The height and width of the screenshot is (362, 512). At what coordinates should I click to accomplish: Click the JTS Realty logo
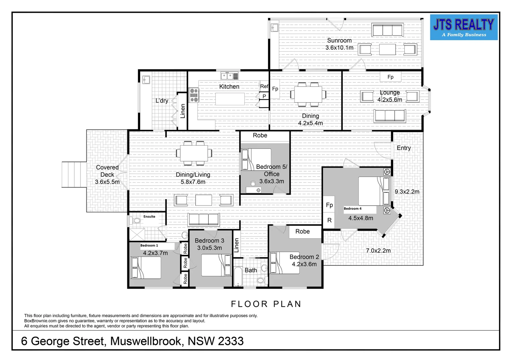[x=463, y=27]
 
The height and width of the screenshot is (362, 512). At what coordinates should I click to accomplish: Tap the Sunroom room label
[x=339, y=41]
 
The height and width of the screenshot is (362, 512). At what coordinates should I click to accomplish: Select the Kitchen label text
[x=229, y=86]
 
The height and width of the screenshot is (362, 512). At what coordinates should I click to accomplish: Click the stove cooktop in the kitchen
[x=194, y=95]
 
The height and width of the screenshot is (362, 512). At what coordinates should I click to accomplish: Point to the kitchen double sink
[x=227, y=76]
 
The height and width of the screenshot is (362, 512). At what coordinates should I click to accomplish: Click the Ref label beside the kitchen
[x=264, y=86]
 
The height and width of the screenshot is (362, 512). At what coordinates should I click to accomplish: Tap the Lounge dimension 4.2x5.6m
[x=389, y=100]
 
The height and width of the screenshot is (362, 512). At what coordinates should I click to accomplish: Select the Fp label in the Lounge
[x=390, y=77]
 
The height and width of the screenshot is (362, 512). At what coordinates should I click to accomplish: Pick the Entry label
[x=403, y=148]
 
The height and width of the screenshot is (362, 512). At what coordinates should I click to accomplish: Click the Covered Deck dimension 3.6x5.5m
[x=107, y=182]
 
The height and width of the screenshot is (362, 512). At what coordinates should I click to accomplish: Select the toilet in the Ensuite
[x=135, y=221]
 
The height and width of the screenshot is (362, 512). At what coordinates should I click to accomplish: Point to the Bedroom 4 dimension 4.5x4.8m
[x=361, y=218]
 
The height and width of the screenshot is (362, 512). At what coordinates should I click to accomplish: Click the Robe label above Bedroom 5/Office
[x=260, y=135]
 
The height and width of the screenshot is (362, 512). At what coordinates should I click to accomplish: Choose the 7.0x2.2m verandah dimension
[x=378, y=251]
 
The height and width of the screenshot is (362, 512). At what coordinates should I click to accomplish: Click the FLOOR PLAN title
[x=266, y=304]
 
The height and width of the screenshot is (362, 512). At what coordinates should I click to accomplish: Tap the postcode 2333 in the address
[x=231, y=341]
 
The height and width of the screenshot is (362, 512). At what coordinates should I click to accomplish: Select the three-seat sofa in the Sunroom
[x=387, y=30]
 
